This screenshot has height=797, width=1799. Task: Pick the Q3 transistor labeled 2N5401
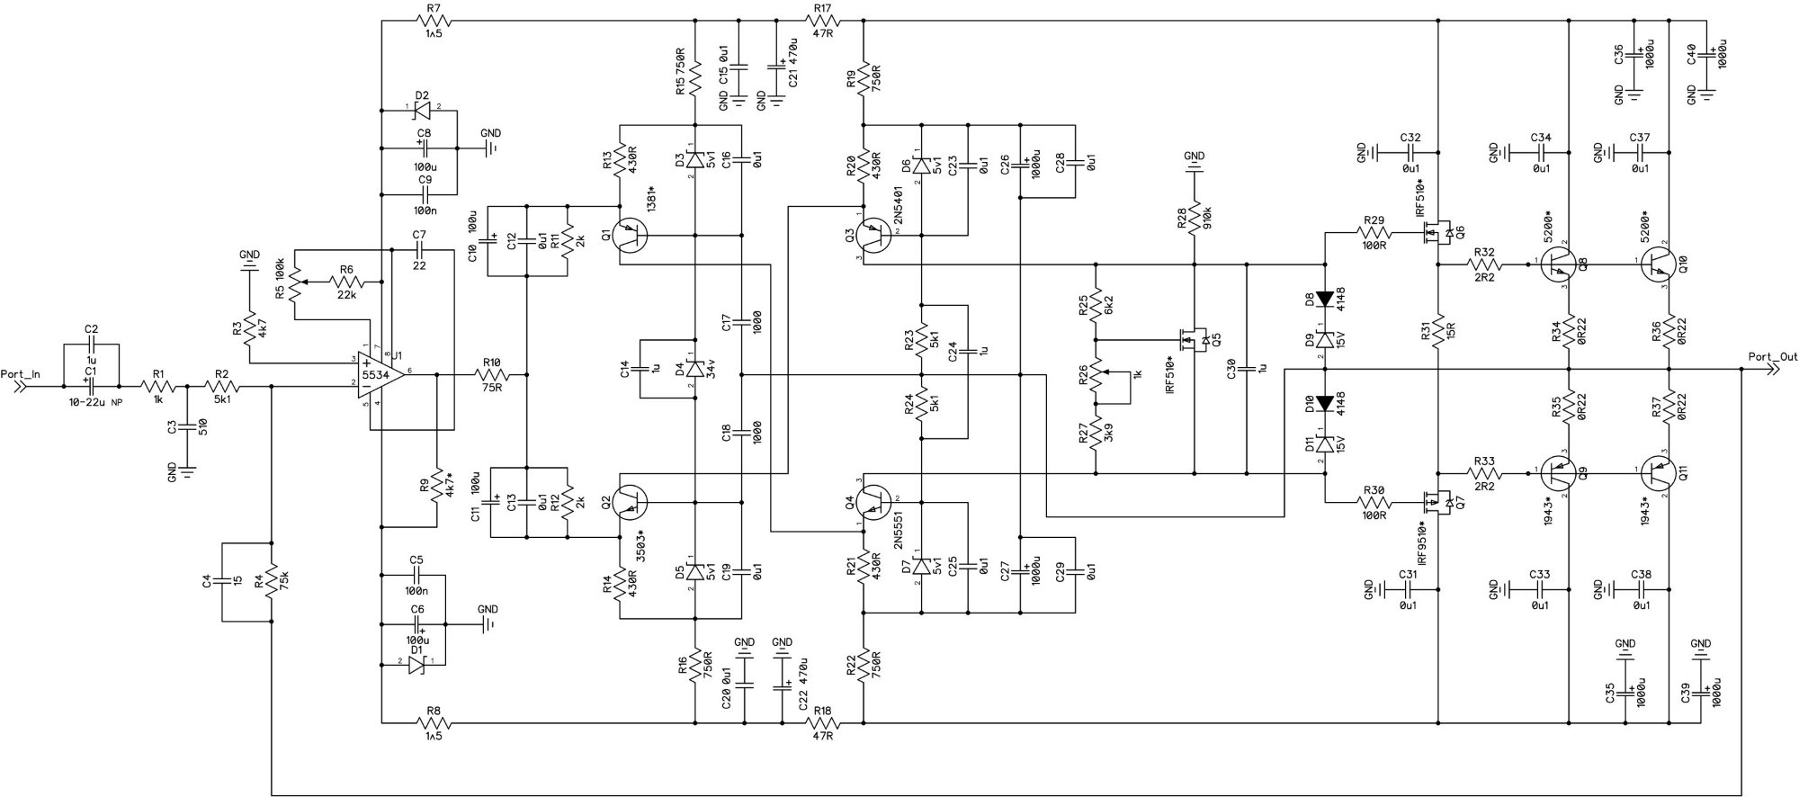[873, 235]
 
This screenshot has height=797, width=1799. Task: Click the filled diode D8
[1325, 298]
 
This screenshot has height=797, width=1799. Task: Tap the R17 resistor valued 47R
[821, 21]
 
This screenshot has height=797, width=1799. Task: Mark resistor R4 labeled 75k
[271, 582]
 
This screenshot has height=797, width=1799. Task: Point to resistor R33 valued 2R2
[1484, 470]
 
